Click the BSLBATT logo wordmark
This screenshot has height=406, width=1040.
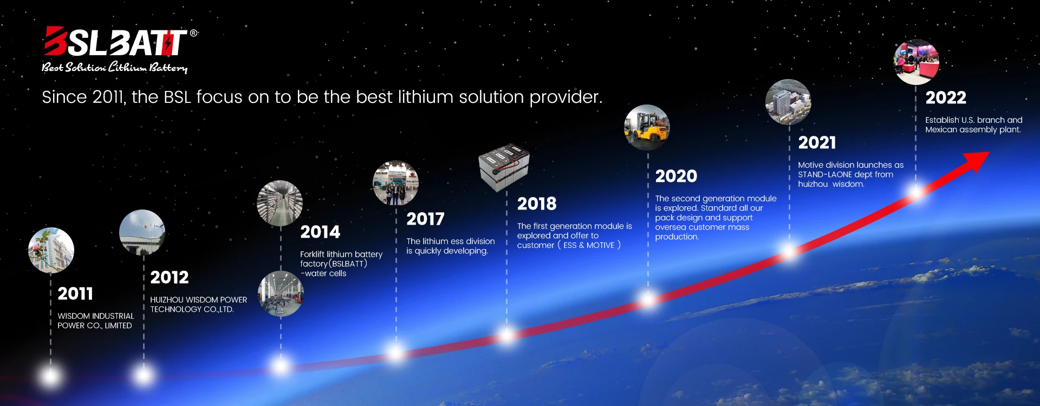(x=115, y=42)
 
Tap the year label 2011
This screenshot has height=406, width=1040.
(x=75, y=294)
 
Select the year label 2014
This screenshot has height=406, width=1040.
(x=320, y=232)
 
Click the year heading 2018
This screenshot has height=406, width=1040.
(x=536, y=204)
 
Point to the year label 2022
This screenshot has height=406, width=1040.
(x=945, y=98)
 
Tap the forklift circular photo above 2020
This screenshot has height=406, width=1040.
(x=647, y=128)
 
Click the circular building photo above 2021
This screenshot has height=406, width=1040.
(x=788, y=102)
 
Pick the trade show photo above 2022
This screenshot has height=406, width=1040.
(x=916, y=62)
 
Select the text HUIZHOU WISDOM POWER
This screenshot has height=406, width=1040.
(x=198, y=300)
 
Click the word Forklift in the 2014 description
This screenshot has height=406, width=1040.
(x=312, y=254)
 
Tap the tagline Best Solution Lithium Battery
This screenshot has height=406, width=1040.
(x=115, y=68)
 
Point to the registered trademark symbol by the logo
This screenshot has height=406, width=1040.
(x=193, y=34)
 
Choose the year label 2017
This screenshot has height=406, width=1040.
(x=425, y=219)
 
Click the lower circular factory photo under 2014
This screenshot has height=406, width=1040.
(x=281, y=294)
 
